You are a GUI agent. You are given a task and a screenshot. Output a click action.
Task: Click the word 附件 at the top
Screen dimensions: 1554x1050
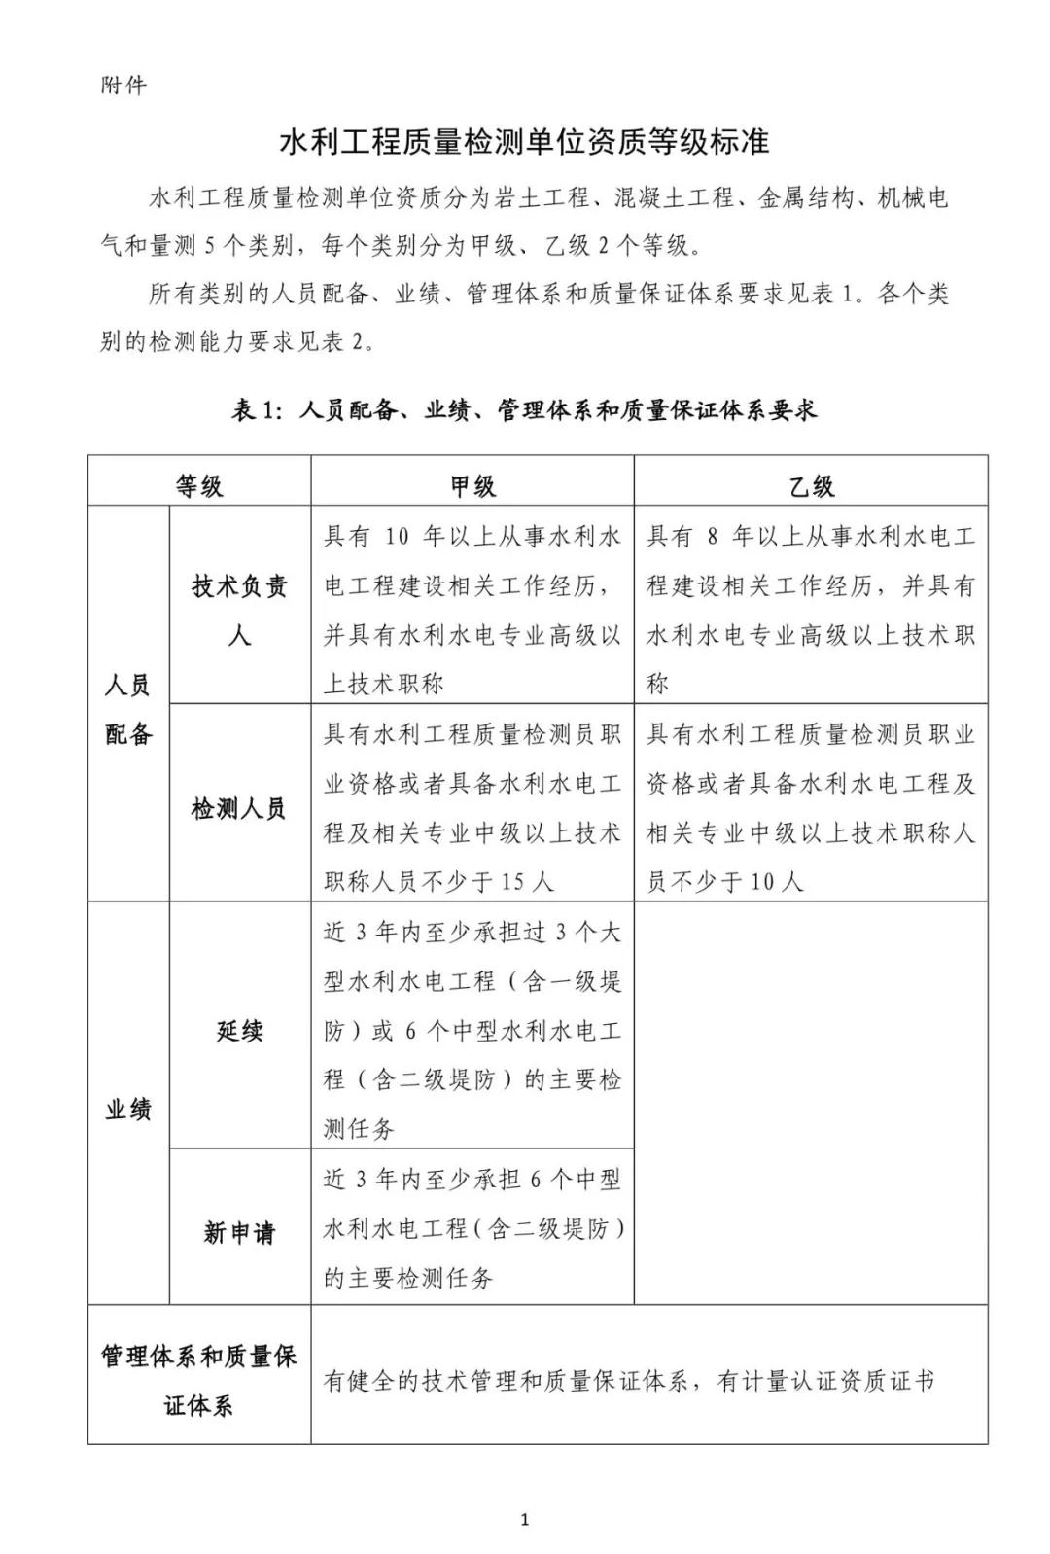coord(123,86)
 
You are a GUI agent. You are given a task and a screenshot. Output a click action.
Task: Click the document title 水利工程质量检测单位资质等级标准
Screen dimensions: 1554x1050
coord(524,142)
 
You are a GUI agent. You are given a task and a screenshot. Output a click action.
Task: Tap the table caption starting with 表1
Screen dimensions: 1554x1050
coord(524,410)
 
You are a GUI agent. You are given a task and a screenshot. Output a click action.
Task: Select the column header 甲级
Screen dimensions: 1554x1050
coord(472,485)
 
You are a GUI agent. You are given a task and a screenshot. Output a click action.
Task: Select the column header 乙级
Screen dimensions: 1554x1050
coord(811,485)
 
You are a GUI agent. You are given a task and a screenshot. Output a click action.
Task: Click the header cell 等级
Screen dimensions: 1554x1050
coord(199,485)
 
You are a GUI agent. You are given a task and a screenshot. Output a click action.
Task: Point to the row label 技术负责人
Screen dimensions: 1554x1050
coord(239,610)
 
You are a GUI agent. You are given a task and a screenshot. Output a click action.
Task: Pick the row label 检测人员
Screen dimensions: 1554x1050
coord(239,808)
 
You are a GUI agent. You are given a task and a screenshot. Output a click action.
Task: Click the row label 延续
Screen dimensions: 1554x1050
coord(239,1031)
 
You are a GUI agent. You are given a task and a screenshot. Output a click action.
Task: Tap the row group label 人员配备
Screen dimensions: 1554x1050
coord(128,709)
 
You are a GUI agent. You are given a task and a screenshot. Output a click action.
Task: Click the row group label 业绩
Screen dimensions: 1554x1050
coord(128,1109)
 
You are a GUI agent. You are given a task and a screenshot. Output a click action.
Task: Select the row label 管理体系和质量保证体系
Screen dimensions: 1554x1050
coord(199,1380)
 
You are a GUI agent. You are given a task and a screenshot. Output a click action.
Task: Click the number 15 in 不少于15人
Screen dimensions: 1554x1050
coord(512,882)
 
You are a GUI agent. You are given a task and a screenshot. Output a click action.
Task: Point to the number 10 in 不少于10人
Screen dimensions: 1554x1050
coord(763,882)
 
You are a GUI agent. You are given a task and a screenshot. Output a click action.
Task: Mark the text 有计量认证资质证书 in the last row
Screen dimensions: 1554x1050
coord(825,1381)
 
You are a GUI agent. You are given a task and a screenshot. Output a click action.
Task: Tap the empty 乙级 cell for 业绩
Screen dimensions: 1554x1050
coord(811,1103)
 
